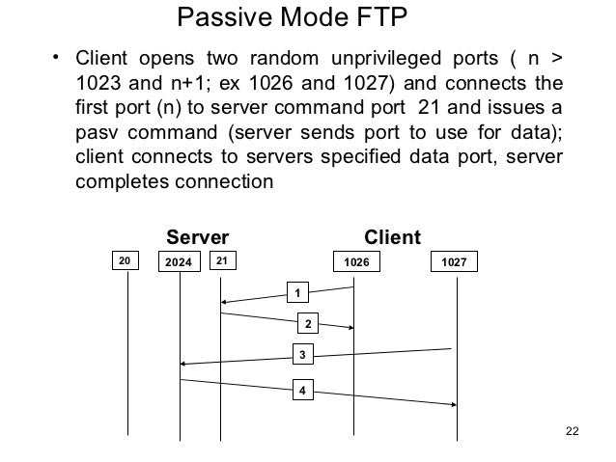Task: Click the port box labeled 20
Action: (124, 261)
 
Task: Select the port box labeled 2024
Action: (179, 261)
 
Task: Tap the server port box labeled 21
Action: (221, 260)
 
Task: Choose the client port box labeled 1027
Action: (455, 261)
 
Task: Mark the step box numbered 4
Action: (302, 390)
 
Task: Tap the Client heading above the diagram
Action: (392, 237)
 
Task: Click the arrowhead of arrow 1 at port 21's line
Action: (225, 302)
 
